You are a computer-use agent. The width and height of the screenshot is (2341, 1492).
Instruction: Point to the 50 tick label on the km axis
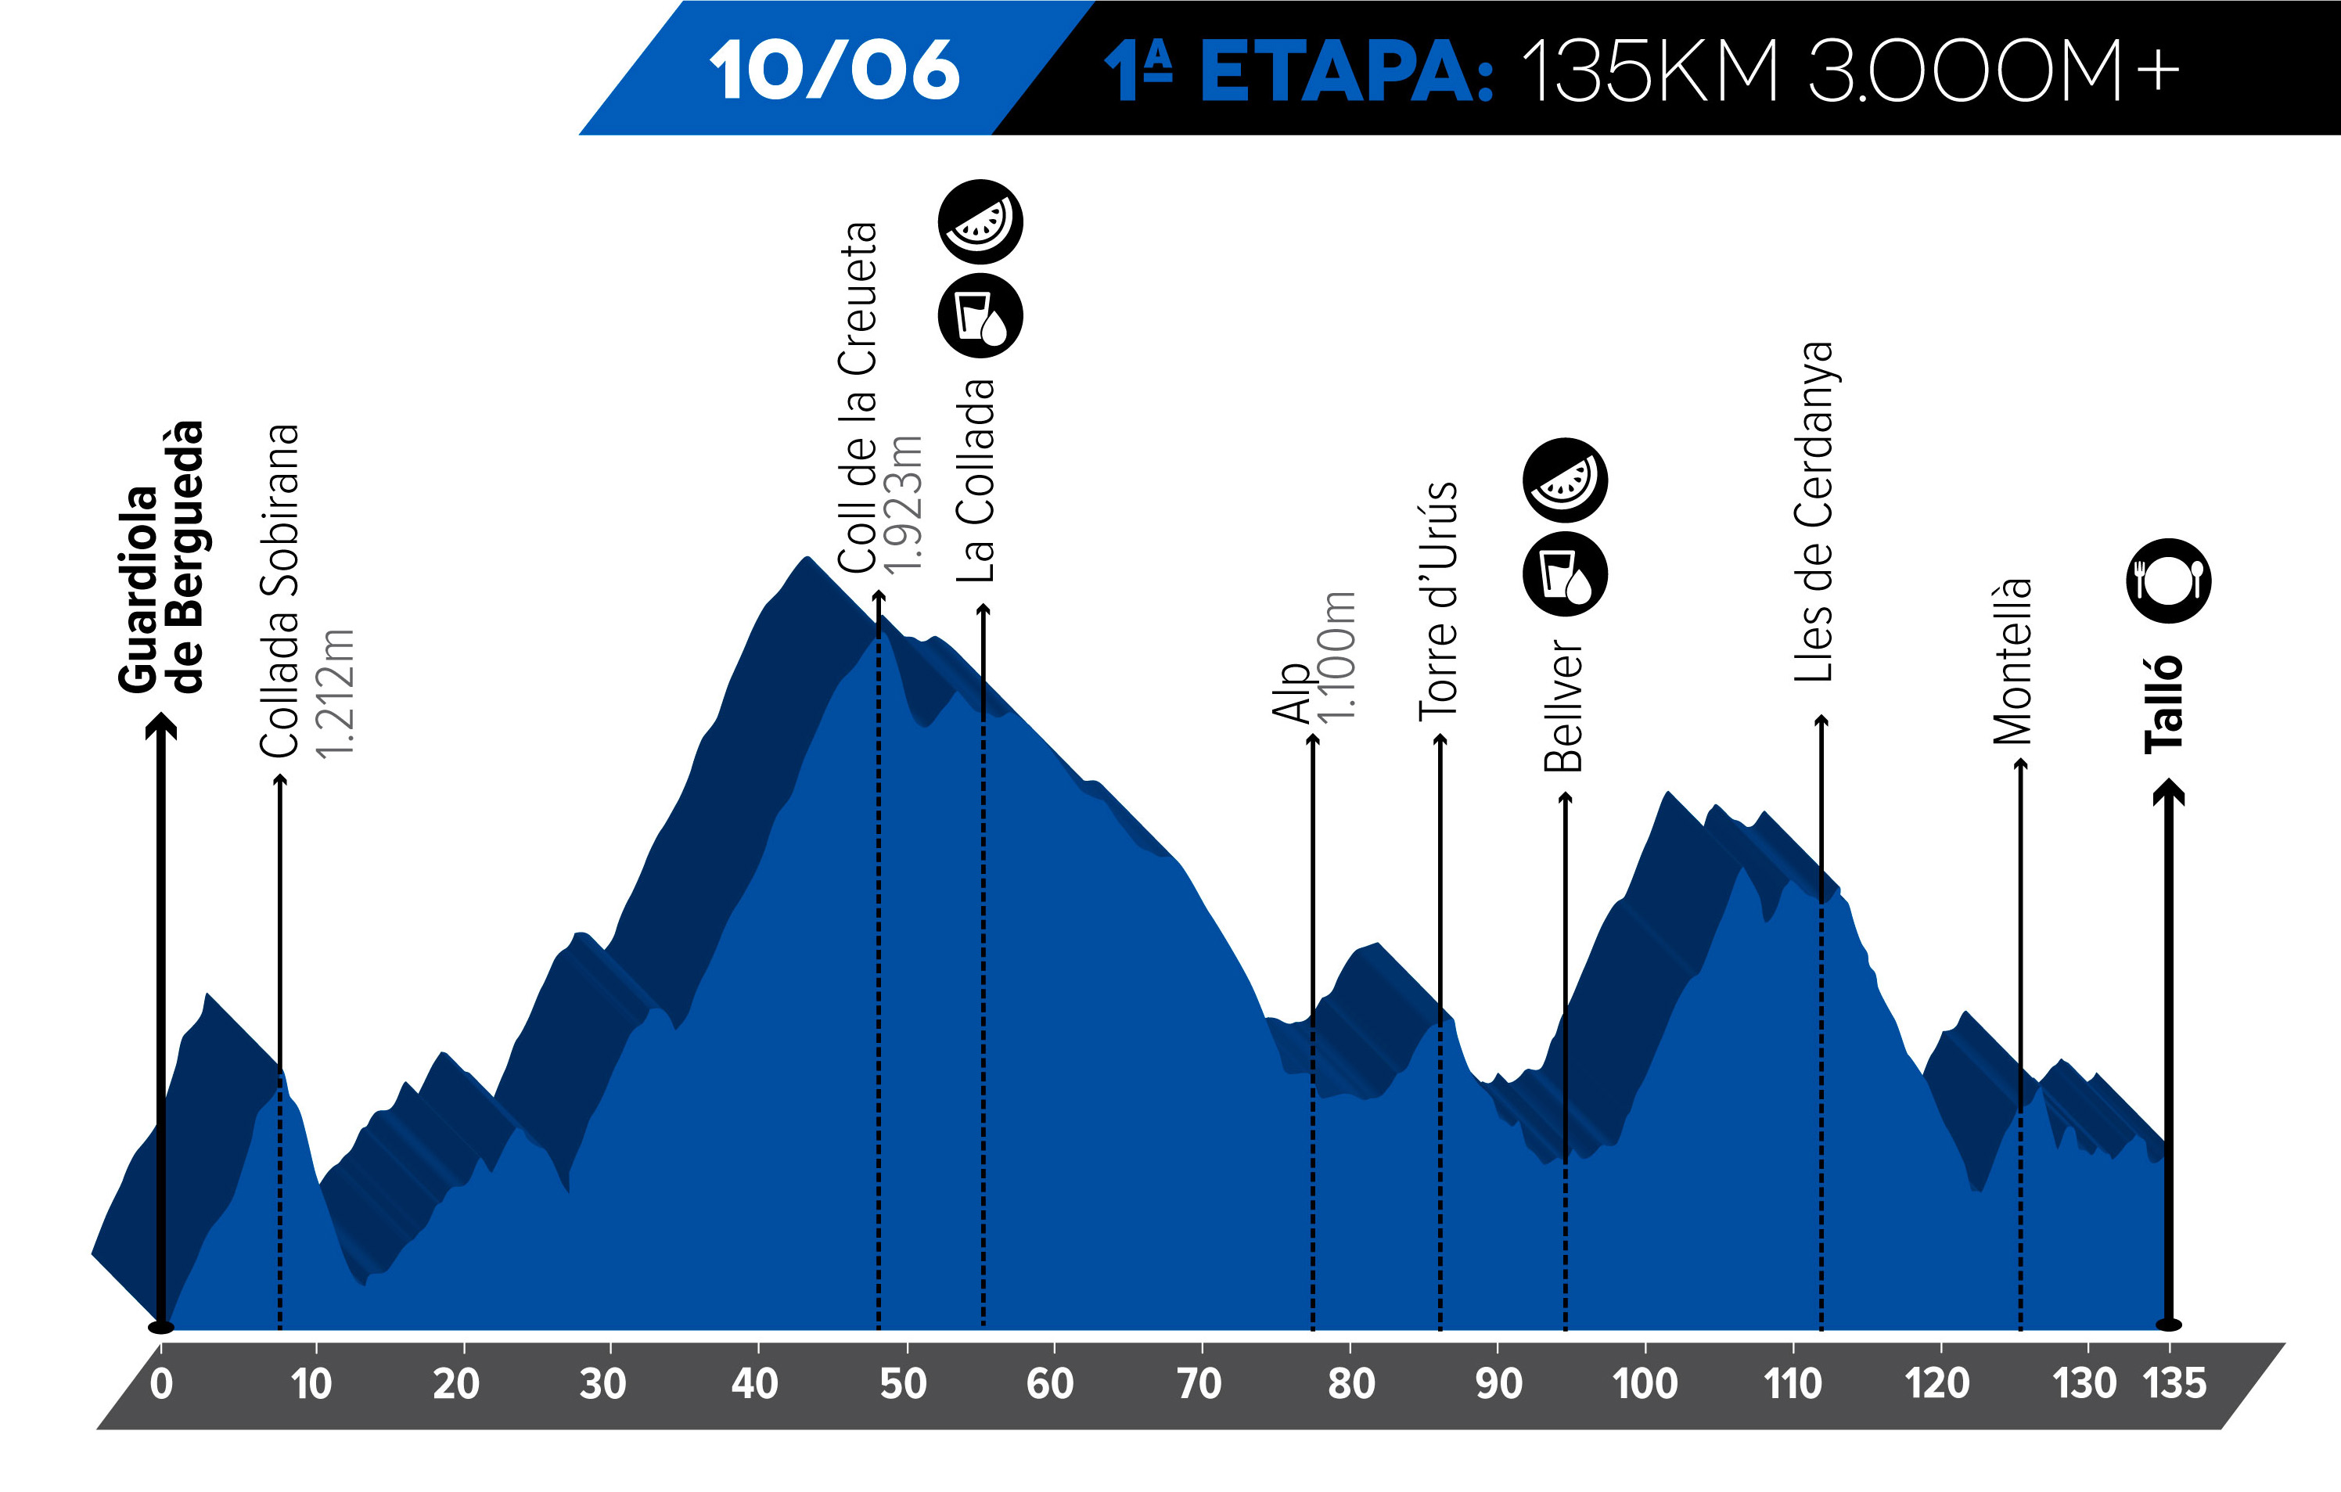pyautogui.click(x=903, y=1383)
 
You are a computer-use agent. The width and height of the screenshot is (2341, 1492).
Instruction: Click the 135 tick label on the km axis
pyautogui.click(x=2175, y=1383)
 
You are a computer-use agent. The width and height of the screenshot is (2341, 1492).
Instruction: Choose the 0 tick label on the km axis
pyautogui.click(x=161, y=1383)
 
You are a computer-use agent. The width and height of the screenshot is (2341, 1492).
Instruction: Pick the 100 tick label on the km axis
pyautogui.click(x=1645, y=1383)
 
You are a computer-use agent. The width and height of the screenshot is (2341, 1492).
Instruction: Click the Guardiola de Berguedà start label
pyautogui.click(x=160, y=558)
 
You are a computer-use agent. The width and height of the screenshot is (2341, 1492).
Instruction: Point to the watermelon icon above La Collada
pyautogui.click(x=980, y=221)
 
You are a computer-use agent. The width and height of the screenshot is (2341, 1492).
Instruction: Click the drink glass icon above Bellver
pyautogui.click(x=1564, y=573)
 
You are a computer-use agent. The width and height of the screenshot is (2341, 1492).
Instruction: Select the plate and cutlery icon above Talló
pyautogui.click(x=2169, y=581)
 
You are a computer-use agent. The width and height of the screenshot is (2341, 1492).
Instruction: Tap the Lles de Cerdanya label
pyautogui.click(x=1813, y=511)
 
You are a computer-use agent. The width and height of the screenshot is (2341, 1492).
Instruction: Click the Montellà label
pyautogui.click(x=2012, y=661)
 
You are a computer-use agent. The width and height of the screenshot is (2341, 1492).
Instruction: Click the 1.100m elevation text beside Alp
pyautogui.click(x=1336, y=656)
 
